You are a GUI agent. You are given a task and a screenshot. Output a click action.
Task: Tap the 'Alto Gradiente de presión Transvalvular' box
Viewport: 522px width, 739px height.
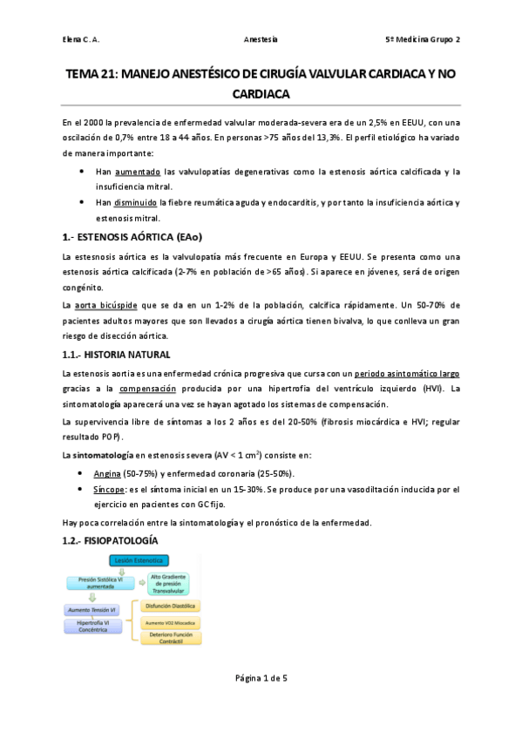point(169,582)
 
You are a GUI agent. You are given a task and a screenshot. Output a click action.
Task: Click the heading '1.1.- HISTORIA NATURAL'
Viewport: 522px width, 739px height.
point(122,355)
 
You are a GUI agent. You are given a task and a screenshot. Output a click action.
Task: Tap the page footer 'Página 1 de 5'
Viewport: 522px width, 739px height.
point(261,702)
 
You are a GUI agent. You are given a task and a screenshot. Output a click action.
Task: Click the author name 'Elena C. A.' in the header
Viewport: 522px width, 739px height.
point(83,40)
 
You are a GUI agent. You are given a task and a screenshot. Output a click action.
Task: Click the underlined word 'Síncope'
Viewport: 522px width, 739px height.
point(108,490)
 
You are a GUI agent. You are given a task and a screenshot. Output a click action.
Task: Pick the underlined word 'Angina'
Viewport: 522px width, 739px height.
point(107,473)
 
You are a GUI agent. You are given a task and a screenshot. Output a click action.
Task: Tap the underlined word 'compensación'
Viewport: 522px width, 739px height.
point(147,389)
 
